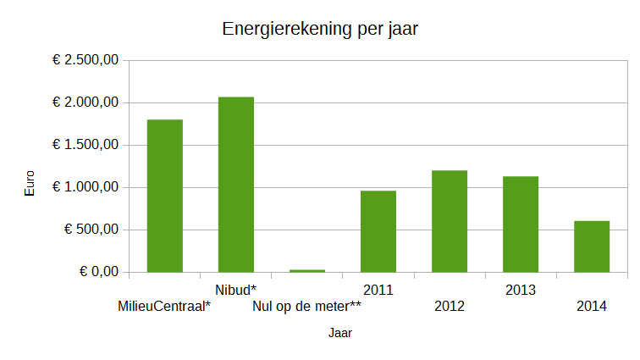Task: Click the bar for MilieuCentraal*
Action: (165, 196)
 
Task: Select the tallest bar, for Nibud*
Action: (236, 185)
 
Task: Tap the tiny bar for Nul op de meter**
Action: (307, 271)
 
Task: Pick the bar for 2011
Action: (378, 231)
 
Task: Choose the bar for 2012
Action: (450, 221)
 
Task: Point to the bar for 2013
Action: (521, 224)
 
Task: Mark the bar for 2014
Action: (592, 246)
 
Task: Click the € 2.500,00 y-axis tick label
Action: (86, 60)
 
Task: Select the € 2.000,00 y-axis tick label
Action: (86, 102)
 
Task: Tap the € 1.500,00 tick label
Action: (86, 145)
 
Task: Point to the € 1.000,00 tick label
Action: (86, 187)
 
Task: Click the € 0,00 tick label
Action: (99, 272)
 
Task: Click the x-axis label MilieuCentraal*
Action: (164, 307)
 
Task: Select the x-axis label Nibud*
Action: (236, 291)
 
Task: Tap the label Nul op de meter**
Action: (307, 307)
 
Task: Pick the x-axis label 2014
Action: (592, 307)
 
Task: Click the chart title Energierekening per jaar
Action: (320, 29)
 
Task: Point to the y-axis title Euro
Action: (30, 184)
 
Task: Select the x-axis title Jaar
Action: (340, 334)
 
